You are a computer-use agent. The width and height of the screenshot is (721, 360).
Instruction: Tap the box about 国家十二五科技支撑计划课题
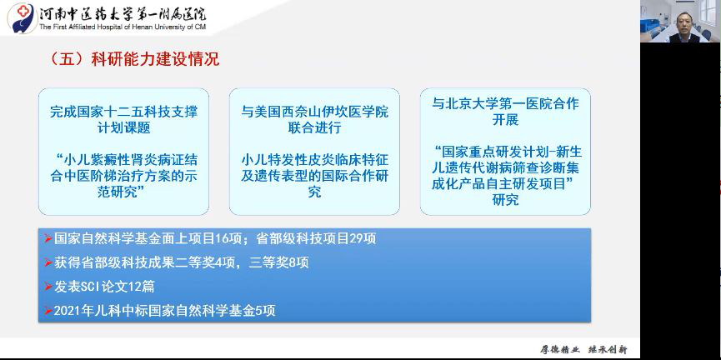(x=130, y=151)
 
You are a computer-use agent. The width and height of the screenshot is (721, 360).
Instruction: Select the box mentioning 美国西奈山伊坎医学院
(x=314, y=151)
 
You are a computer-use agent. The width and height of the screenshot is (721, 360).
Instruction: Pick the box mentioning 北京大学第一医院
(x=505, y=151)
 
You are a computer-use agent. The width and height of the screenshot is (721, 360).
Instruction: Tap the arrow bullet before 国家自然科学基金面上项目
(x=48, y=238)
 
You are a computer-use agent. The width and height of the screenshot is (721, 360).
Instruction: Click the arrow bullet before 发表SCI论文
(x=48, y=287)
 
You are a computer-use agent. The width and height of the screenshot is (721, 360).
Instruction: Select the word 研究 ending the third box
(x=505, y=200)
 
